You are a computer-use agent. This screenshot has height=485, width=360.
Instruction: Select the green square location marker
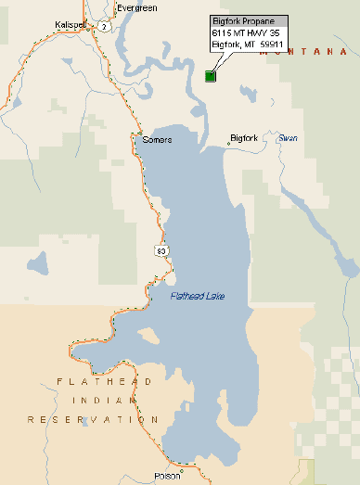[211, 77]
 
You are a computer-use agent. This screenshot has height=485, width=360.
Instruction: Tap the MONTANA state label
[297, 53]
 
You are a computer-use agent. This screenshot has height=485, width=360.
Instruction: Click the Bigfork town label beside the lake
[246, 141]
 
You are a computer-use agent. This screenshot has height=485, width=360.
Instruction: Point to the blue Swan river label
[288, 139]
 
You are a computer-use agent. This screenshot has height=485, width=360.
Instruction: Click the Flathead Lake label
[198, 297]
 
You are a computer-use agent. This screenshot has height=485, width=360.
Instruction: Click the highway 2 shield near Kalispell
[105, 27]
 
